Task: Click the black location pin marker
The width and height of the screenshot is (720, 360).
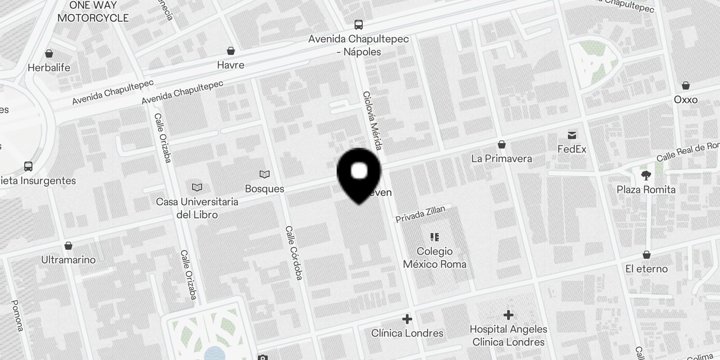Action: coord(359,173)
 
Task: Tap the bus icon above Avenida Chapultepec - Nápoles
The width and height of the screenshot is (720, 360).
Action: coord(358,24)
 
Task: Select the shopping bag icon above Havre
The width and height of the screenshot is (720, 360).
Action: coord(231,50)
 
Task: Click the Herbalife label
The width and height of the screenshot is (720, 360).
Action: coord(49,67)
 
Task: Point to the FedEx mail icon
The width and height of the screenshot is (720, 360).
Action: coord(572,135)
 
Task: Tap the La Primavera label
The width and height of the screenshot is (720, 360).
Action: coord(501,158)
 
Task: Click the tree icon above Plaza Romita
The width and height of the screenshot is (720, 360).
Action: coord(646,175)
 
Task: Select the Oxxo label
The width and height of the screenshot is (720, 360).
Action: coord(685,99)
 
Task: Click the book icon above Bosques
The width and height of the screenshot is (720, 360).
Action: coord(265,174)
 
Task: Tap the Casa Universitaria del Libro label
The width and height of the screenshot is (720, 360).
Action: coord(197,208)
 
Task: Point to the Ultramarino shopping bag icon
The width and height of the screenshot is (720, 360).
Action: coord(68,246)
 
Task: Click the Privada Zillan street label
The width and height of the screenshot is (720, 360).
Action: coord(420,214)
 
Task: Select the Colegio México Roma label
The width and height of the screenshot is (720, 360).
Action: coord(434,257)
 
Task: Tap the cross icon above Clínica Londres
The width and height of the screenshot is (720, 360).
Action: coord(407,319)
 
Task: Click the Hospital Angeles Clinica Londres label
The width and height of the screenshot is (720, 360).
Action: coord(508,335)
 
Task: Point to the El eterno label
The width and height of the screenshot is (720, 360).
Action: coord(646,269)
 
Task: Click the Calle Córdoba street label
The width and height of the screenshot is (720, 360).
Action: coord(293,253)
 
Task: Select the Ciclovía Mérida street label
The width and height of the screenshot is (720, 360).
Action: coord(373,121)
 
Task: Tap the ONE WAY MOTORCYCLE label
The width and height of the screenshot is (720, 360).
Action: coord(93,12)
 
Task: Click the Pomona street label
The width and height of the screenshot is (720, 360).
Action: coord(17,315)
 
